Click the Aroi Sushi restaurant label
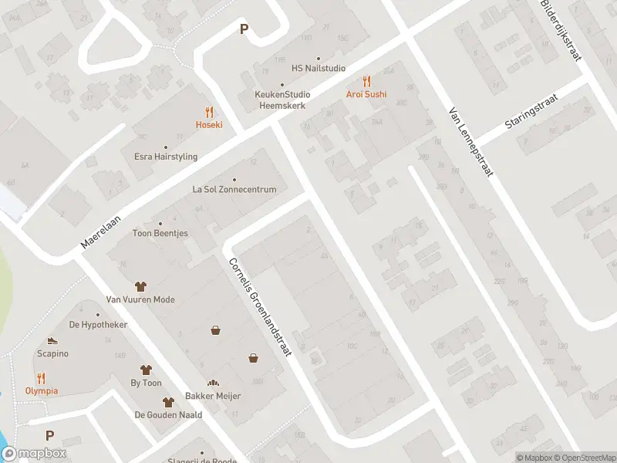point(366,94)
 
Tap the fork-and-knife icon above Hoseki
point(208,112)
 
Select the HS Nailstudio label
point(318,68)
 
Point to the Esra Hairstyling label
point(166,157)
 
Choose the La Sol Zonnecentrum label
point(234,188)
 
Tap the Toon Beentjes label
point(160,233)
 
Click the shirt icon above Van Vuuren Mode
point(140,286)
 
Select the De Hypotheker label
point(97,325)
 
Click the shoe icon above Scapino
point(52,340)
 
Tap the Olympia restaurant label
point(41,390)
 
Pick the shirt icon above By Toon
point(146,370)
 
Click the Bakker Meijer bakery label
point(213,396)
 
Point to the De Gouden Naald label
point(168,414)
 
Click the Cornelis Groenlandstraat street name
point(259,306)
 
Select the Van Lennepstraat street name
point(470,143)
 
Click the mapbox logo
point(33,454)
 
